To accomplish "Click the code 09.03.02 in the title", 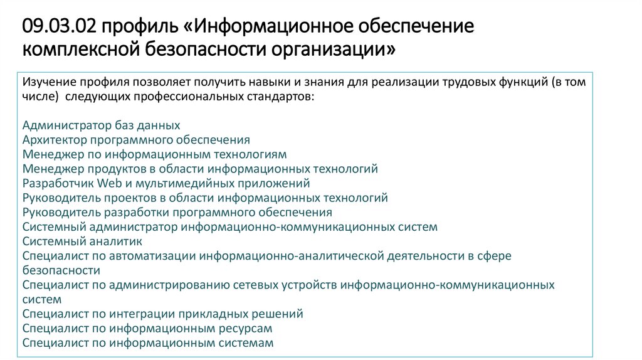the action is point(60,26).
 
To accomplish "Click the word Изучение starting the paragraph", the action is point(49,82).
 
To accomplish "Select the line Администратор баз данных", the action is point(101,125).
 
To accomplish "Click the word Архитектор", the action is point(55,140).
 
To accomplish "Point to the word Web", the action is point(109,183).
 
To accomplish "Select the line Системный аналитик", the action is point(82,241).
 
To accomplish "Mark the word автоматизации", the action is point(152,257).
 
